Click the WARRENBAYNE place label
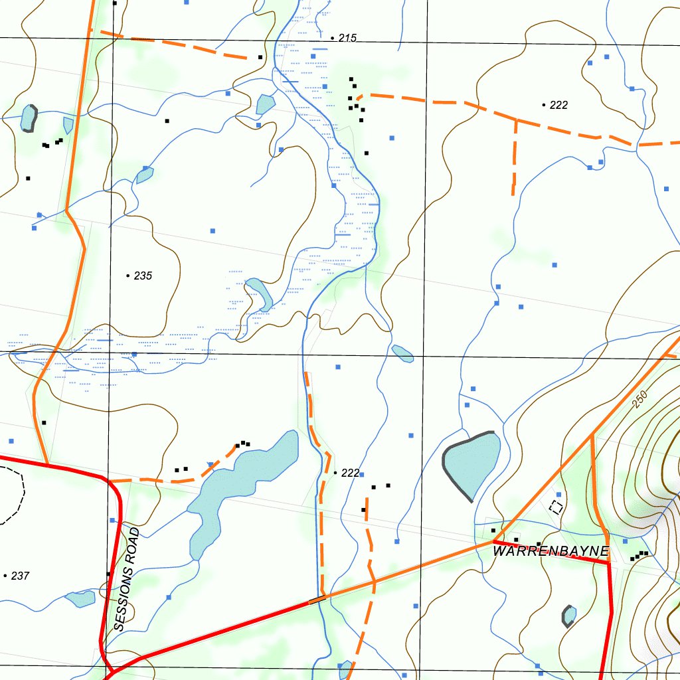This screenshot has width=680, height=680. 551,551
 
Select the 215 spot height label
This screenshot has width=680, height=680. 347,38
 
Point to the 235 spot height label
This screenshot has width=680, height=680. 143,276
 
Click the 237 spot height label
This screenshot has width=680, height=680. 20,576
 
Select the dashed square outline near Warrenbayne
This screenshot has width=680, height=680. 556,507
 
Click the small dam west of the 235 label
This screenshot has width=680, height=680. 144,175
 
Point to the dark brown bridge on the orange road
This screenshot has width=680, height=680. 317,600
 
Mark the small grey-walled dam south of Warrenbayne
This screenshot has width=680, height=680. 569,616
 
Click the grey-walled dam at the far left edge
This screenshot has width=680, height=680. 29,118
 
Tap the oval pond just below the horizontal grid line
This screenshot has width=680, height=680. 402,353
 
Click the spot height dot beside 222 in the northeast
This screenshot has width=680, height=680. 544,105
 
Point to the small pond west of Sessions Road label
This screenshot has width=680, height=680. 81,598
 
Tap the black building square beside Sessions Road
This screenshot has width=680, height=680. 108,574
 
